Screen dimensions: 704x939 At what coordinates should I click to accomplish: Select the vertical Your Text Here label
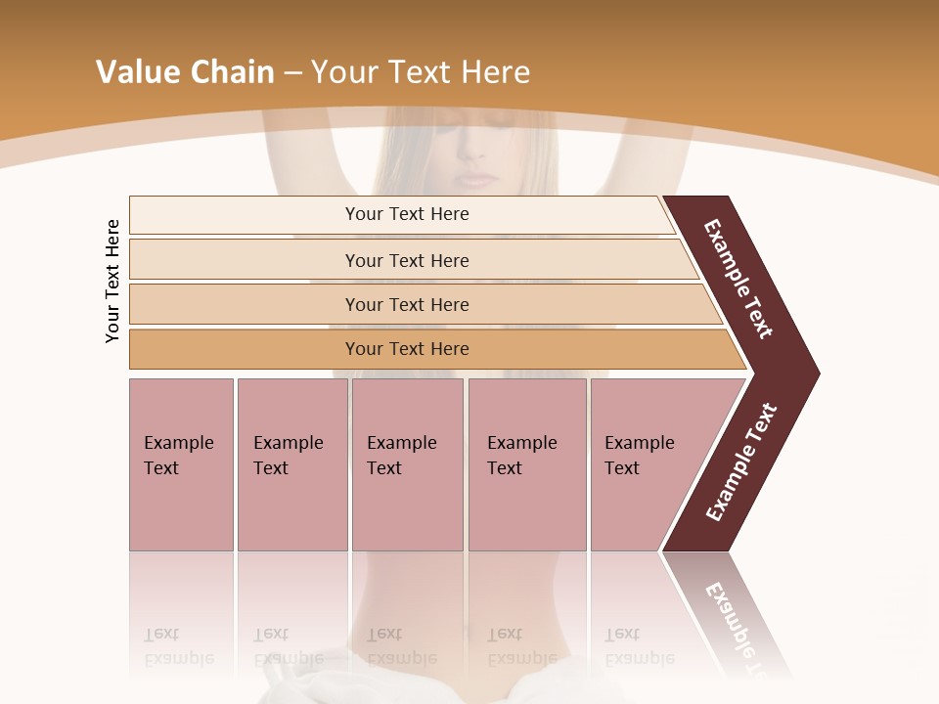[x=112, y=282]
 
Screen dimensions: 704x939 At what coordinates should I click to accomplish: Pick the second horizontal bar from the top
[x=406, y=260]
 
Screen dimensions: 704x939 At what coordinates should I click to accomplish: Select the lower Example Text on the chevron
[x=740, y=462]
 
